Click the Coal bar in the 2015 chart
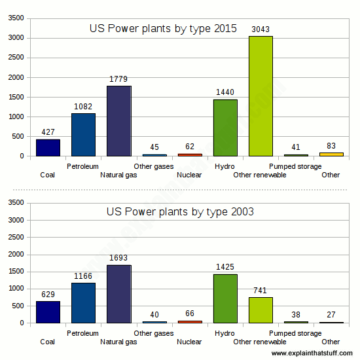point(48,148)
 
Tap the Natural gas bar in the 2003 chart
point(118,294)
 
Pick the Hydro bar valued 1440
point(225,128)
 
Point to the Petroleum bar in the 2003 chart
point(83,303)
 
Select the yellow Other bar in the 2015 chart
point(331,154)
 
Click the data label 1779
point(118,80)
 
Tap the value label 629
point(48,295)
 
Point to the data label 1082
point(83,107)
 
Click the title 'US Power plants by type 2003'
point(180,212)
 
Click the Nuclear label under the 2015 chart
point(189,175)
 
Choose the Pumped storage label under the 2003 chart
point(295,333)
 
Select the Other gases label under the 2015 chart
point(154,166)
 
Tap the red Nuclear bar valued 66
point(190,321)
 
